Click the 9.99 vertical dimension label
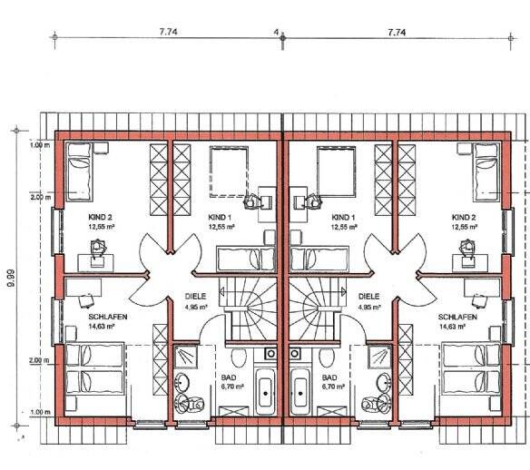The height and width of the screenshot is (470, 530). (11, 278)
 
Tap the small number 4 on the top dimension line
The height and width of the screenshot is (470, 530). (276, 33)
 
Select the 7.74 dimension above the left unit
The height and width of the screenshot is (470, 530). (168, 32)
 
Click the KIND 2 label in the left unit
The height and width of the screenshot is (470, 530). (100, 217)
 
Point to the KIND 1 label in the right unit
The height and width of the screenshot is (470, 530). (343, 217)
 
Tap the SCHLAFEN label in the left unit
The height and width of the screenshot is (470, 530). (108, 317)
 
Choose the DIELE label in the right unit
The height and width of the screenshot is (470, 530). (368, 297)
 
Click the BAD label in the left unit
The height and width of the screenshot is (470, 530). (229, 377)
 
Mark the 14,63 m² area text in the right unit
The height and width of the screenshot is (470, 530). (453, 327)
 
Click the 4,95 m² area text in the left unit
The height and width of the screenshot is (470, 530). (196, 308)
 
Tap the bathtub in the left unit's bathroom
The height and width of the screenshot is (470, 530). (266, 391)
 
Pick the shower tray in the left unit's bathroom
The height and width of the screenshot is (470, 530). (185, 357)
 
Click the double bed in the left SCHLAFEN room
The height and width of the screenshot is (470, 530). (94, 368)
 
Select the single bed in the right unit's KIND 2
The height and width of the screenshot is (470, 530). (486, 171)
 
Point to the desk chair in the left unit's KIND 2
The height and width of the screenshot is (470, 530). (98, 247)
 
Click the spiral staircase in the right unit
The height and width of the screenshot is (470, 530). (317, 308)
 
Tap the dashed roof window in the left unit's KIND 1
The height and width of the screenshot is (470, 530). (230, 171)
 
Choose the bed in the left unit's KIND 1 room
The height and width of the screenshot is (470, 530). (247, 259)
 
